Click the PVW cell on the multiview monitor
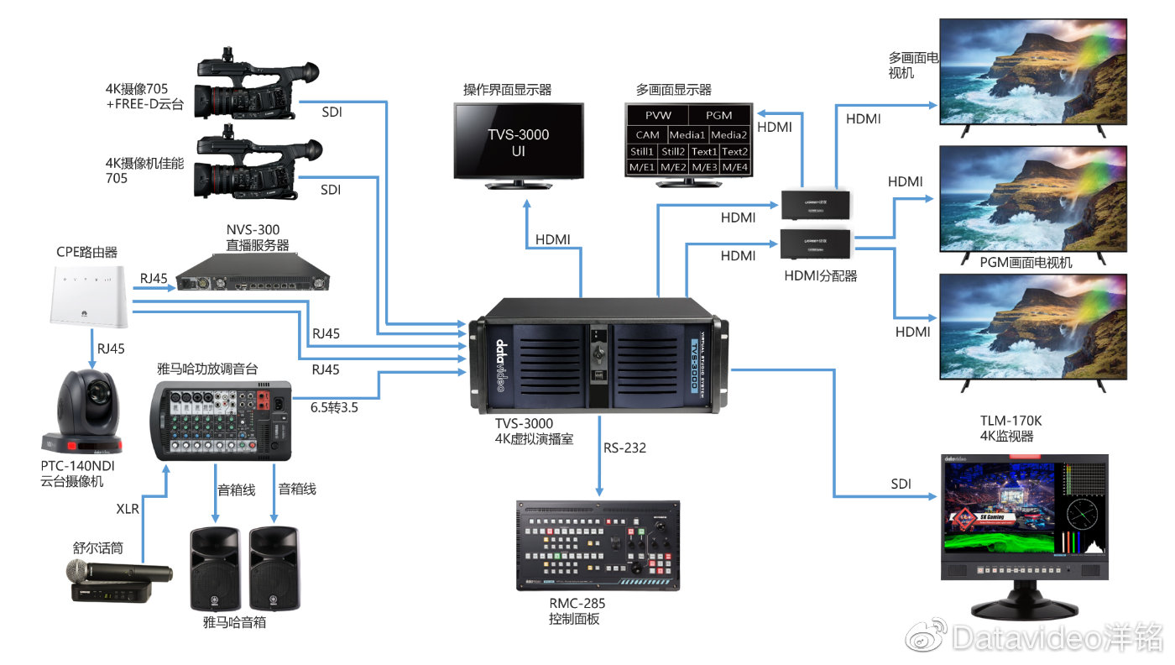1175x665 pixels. click(658, 115)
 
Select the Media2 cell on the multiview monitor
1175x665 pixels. click(728, 134)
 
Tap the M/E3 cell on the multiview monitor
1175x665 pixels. click(703, 168)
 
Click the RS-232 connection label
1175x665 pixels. click(624, 448)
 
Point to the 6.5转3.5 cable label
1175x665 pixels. click(334, 407)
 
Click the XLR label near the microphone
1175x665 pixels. click(128, 508)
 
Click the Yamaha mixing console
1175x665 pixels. click(222, 420)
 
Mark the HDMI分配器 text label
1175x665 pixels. click(821, 275)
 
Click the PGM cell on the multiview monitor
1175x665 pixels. click(718, 115)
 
